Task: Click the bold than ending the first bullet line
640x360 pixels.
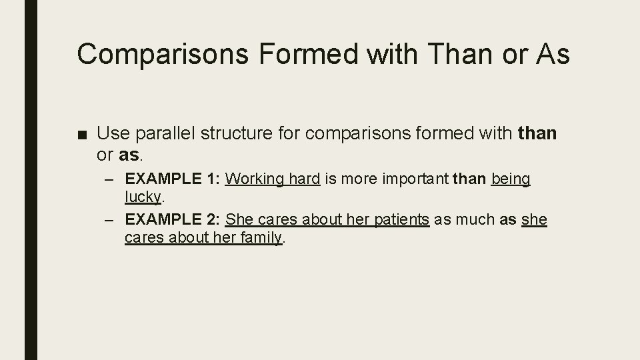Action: click(537, 134)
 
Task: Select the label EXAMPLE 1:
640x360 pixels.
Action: click(173, 179)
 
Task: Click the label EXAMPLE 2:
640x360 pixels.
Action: click(173, 219)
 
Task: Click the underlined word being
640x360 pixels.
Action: click(511, 179)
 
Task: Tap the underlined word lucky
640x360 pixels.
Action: click(143, 197)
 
